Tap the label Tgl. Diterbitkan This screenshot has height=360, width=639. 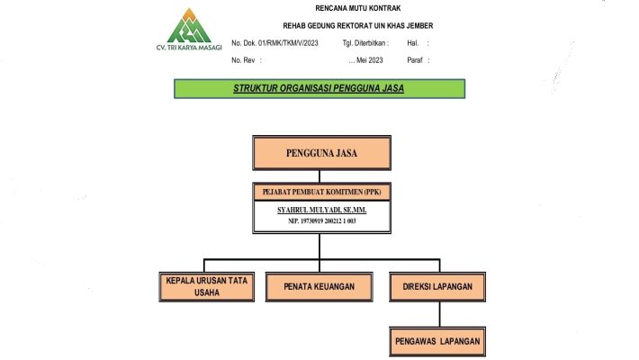click(364, 42)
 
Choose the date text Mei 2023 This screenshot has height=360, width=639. click(365, 59)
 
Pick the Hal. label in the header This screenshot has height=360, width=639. click(413, 42)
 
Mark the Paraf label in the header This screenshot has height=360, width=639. click(415, 59)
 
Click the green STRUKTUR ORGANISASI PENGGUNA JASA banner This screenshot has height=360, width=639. click(319, 88)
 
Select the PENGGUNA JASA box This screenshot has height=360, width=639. click(321, 153)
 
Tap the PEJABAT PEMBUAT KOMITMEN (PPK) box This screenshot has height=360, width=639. click(321, 193)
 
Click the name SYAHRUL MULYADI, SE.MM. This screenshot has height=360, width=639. click(321, 209)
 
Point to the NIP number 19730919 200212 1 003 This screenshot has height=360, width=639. click(321, 220)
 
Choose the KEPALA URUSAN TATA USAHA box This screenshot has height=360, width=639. click(206, 286)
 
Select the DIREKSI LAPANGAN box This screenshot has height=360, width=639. click(438, 286)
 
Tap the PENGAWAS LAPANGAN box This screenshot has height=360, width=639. click(438, 341)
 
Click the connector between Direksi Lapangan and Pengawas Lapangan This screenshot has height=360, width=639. click(438, 314)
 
